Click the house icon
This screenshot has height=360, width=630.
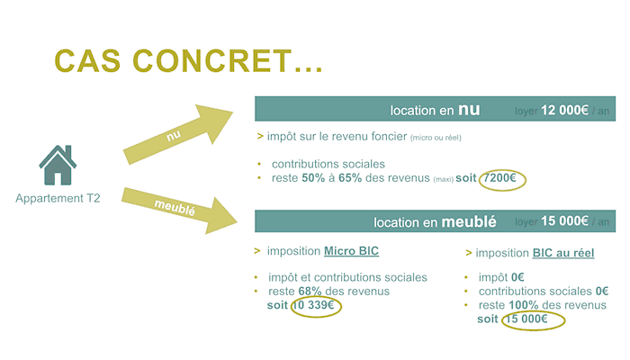click(58, 165)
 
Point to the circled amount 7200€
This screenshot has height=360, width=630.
click(500, 178)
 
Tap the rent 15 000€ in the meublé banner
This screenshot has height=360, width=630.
click(563, 221)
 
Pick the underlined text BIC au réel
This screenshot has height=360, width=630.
click(563, 253)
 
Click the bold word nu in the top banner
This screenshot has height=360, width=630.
click(469, 110)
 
